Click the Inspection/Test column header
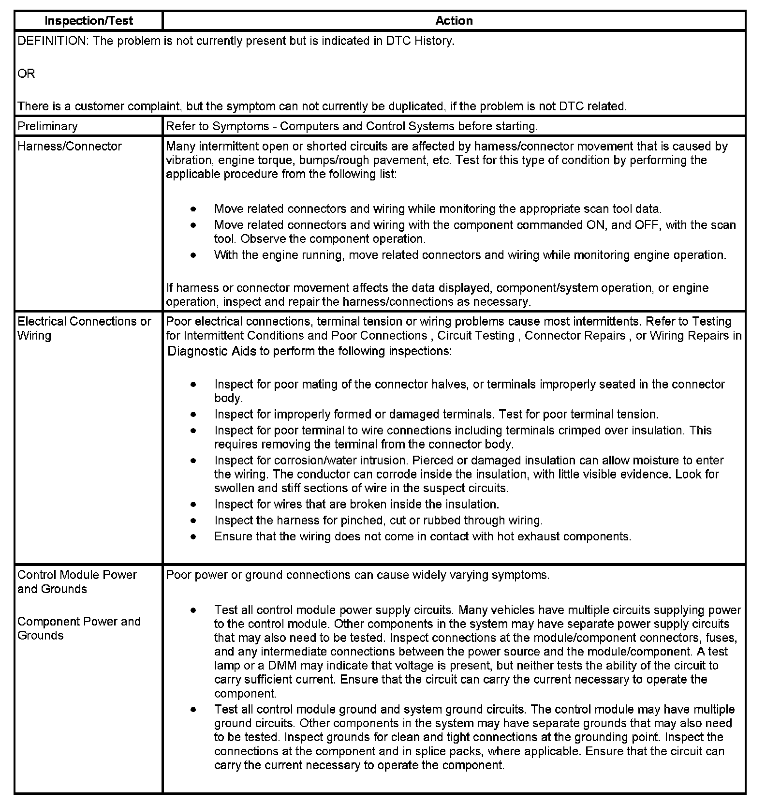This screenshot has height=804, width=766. pyautogui.click(x=88, y=21)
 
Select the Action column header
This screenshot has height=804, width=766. pyautogui.click(x=454, y=21)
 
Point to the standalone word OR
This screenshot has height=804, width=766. pyautogui.click(x=26, y=74)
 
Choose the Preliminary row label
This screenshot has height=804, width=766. pyautogui.click(x=47, y=127)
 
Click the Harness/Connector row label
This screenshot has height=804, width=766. pyautogui.click(x=70, y=147)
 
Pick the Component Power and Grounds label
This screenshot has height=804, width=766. pyautogui.click(x=79, y=628)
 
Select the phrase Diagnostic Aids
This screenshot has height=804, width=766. pyautogui.click(x=211, y=351)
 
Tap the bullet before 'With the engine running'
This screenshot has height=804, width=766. pyautogui.click(x=193, y=255)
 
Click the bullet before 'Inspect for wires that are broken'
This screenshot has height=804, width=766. pyautogui.click(x=193, y=505)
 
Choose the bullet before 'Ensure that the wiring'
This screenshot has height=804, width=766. pyautogui.click(x=193, y=536)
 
